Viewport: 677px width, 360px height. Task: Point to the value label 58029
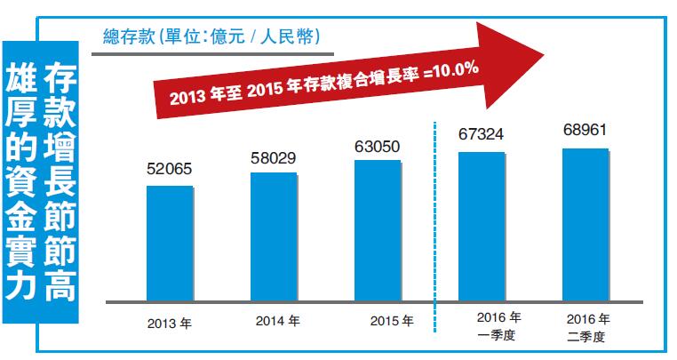(x=274, y=158)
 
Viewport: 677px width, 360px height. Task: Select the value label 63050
(x=378, y=147)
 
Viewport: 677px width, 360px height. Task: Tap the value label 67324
(x=482, y=135)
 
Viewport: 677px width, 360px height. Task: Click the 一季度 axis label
(x=497, y=334)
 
